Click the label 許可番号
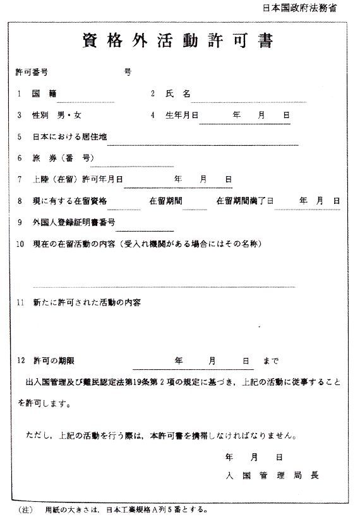32,72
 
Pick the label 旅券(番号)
63,158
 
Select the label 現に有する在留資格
71,201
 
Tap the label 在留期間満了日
244,201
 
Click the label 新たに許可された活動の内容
87,302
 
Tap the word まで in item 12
270,361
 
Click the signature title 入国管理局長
272,475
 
